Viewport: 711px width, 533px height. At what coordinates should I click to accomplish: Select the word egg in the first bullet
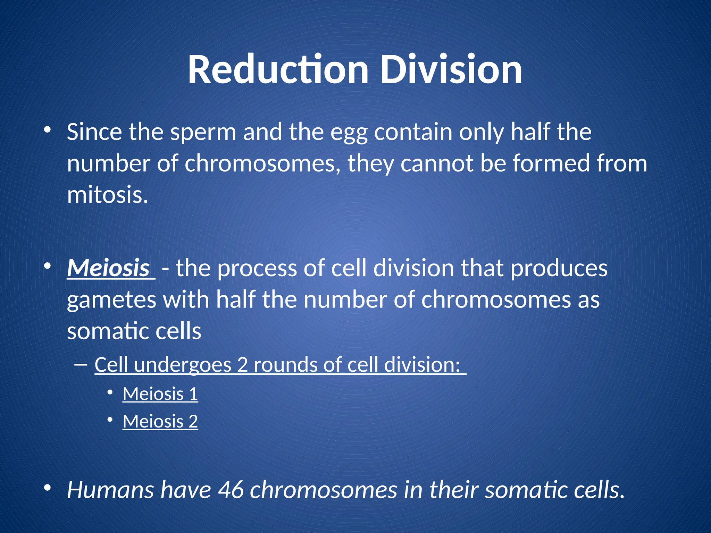pos(348,133)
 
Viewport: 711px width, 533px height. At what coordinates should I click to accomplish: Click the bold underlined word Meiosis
pos(108,268)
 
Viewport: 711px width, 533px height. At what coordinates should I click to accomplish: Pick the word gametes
pos(111,300)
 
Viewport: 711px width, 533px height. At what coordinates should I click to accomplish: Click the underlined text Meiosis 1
pos(160,394)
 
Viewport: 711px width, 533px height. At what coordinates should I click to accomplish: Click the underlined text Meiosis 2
pos(160,422)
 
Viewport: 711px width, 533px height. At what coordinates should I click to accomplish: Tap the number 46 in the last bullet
pos(231,490)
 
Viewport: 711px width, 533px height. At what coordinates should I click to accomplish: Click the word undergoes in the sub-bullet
pos(182,365)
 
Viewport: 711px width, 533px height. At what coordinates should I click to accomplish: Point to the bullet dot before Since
pos(48,130)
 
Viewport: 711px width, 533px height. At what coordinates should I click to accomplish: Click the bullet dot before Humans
pos(48,488)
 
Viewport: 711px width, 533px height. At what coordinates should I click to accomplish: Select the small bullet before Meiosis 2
pos(110,420)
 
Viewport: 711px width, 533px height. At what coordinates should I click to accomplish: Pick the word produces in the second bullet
pos(559,268)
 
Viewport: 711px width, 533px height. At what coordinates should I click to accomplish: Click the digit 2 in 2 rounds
pos(242,365)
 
